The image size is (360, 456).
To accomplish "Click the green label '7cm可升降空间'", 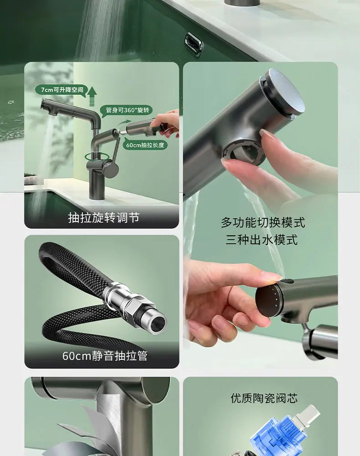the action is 62,89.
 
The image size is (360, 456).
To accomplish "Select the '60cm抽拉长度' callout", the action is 145,145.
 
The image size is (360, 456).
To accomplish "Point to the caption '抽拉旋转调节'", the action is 104,217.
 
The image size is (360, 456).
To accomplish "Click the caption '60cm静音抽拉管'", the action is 105,356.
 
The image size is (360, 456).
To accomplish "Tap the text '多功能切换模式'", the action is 262,223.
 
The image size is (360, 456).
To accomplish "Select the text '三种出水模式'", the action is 262,240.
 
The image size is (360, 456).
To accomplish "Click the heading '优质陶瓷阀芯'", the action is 264,398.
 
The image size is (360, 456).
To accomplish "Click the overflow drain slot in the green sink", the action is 194,43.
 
